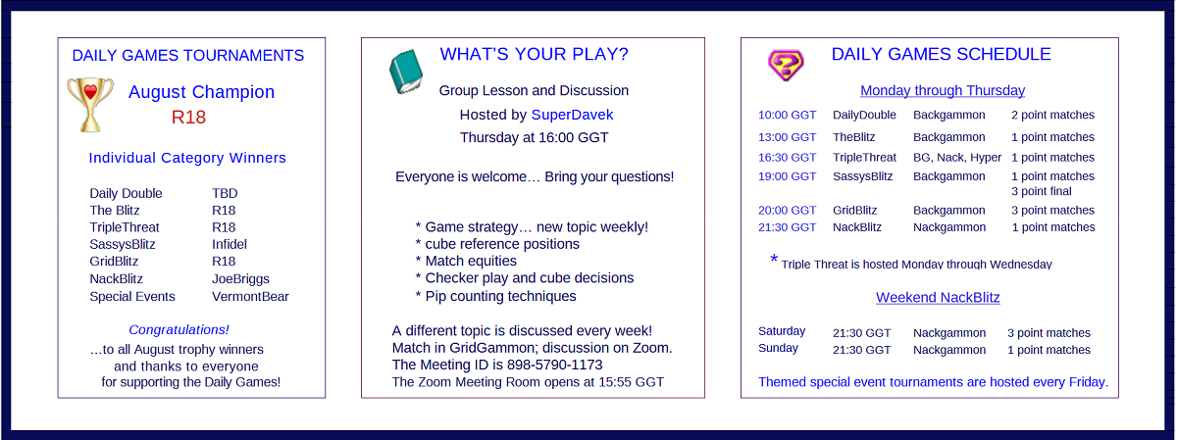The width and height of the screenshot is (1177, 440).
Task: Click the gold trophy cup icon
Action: click(x=90, y=105)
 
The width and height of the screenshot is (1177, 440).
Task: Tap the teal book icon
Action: click(x=406, y=72)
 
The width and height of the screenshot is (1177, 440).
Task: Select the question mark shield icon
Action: click(x=786, y=65)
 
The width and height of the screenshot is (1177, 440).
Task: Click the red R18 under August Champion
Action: click(x=188, y=117)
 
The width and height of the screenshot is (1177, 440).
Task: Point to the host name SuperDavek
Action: click(x=572, y=115)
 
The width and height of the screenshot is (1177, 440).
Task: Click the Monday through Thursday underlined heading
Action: click(x=943, y=90)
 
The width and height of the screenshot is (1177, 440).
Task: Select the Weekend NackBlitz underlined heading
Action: click(x=938, y=297)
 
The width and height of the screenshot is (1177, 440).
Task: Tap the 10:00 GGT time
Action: click(x=787, y=115)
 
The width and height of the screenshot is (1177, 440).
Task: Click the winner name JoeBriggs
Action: click(x=240, y=279)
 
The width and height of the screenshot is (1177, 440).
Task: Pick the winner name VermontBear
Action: click(x=251, y=297)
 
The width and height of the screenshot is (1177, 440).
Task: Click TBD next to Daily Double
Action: click(x=225, y=193)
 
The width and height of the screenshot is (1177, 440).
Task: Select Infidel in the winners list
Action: click(x=230, y=244)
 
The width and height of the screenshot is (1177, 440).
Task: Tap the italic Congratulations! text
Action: click(x=179, y=329)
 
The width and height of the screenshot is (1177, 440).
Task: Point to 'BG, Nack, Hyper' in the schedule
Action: click(x=957, y=158)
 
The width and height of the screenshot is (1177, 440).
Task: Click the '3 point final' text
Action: click(x=1042, y=191)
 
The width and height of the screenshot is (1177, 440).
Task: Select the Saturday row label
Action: click(x=782, y=331)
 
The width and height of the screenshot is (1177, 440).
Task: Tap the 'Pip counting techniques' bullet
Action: click(x=495, y=296)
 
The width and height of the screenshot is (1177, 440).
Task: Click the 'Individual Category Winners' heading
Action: click(x=187, y=158)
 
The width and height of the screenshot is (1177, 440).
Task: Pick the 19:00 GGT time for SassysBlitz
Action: click(x=787, y=176)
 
